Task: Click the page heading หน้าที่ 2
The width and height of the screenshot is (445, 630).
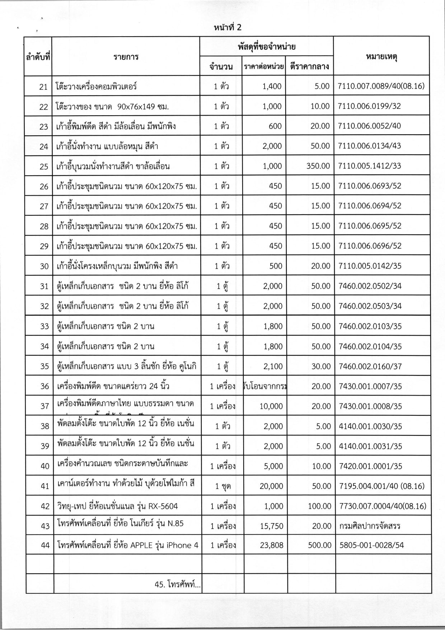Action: (x=228, y=28)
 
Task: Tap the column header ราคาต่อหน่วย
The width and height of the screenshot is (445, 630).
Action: (x=264, y=67)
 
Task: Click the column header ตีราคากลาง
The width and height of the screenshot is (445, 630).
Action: (x=309, y=67)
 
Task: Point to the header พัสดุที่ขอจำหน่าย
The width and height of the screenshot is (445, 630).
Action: (x=266, y=47)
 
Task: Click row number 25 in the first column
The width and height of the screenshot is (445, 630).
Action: (x=44, y=167)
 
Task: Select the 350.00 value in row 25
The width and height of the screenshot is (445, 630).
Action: (x=318, y=166)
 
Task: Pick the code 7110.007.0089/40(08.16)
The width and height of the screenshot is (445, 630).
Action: (x=381, y=86)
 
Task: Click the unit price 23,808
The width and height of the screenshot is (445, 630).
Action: (x=272, y=545)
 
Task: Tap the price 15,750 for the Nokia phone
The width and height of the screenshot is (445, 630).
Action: (x=272, y=526)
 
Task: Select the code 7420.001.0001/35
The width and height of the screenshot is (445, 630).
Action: (x=370, y=466)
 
